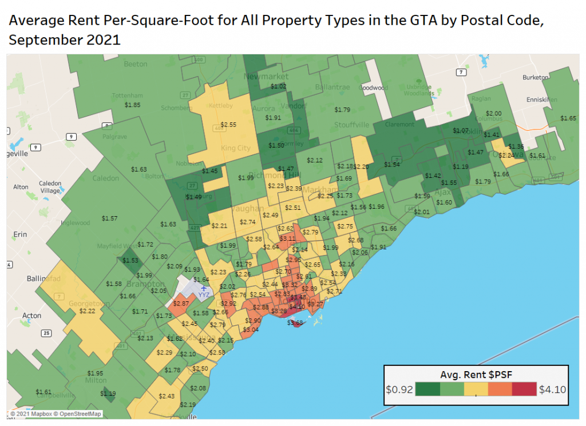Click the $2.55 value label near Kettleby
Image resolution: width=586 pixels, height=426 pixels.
pos(228,124)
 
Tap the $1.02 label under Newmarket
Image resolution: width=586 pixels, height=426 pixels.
pos(278,86)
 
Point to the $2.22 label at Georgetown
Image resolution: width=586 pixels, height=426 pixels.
pos(88,310)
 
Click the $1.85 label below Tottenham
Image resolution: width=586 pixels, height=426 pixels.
pos(132,105)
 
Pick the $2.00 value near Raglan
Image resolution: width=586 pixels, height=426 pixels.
pos(493,113)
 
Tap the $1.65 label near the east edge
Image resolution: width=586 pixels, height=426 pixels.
pos(568,118)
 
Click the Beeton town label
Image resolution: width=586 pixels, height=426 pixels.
pos(136,64)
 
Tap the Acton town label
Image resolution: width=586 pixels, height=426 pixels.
pos(31,315)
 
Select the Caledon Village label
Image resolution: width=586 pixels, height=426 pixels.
pos(50,187)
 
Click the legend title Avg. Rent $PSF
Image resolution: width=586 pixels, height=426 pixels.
pos(476,375)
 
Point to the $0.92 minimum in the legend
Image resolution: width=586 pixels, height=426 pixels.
pos(398,390)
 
